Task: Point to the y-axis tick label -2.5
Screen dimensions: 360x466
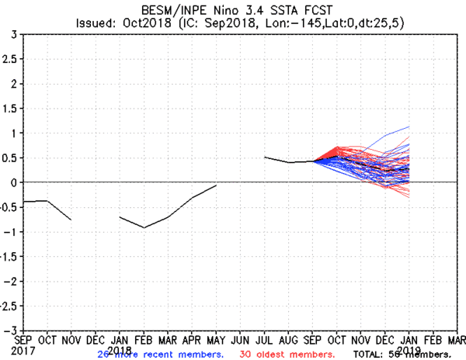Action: coord(9,306)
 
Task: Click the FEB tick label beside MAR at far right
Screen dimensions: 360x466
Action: coord(433,339)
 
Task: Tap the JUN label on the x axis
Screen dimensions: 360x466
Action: coord(241,339)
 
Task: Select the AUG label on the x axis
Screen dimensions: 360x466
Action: coord(289,339)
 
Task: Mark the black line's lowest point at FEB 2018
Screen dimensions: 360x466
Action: coord(144,227)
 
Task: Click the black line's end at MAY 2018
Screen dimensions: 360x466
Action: coord(216,185)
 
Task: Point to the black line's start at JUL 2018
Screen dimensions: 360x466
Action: coord(265,157)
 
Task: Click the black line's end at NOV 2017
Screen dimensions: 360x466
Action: coord(71,220)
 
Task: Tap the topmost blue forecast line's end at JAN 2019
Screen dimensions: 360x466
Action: coord(409,126)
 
